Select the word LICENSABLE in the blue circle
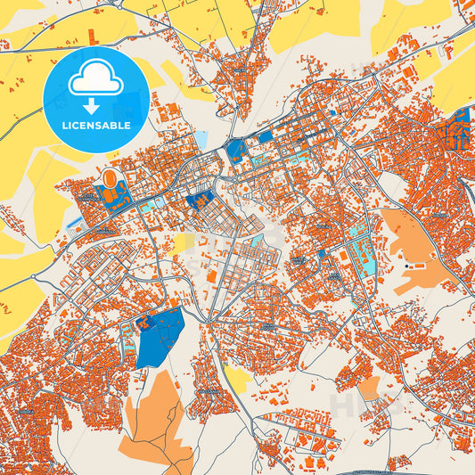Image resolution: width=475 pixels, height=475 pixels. coord(95,126)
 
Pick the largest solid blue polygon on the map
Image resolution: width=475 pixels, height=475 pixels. coord(161,338)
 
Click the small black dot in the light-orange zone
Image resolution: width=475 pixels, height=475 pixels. coord(408,266)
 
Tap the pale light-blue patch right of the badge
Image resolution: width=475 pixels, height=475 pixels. coord(201,140)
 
